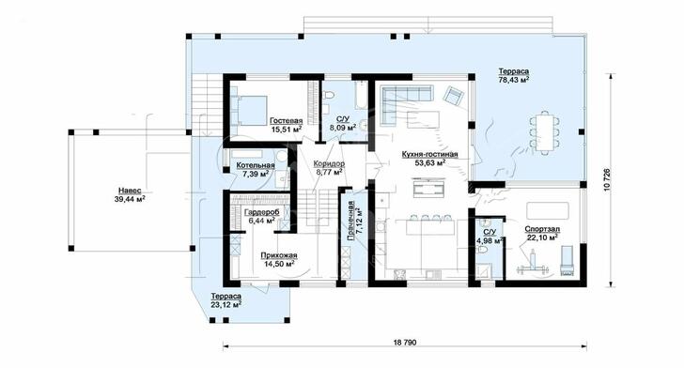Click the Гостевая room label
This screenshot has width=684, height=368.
point(286,121)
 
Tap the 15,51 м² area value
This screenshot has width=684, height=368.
point(286,129)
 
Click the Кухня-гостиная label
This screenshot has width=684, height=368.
point(429,154)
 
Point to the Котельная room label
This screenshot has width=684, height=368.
point(256,165)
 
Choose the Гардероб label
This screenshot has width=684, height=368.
point(262,212)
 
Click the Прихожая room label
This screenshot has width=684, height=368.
point(279,255)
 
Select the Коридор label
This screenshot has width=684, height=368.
point(329,164)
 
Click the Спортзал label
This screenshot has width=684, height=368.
point(542,229)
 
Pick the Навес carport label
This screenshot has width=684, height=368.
point(130,191)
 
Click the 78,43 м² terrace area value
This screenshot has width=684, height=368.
point(514,80)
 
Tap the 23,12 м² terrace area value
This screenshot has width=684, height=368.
point(225,304)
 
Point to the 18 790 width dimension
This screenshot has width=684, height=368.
point(405,343)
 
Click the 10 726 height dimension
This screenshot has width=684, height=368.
point(608,179)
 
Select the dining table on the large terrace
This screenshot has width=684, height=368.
point(545,132)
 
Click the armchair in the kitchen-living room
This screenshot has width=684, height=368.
point(454,95)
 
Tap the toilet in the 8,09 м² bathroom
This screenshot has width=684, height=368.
point(329,95)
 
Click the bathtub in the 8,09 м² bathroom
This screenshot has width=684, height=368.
point(361,95)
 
